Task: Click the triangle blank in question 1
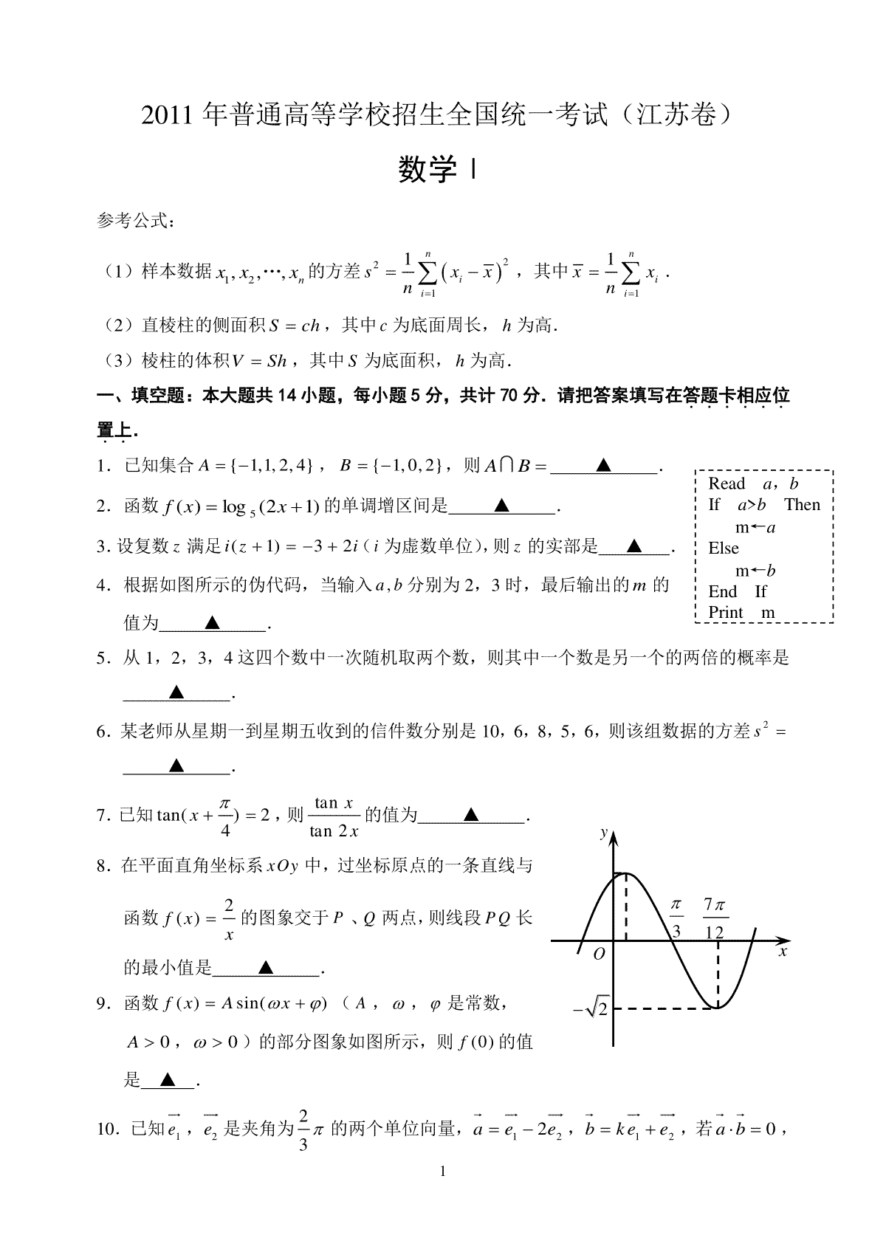[x=603, y=465]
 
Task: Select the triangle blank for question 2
[x=502, y=506]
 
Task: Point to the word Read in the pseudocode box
[x=727, y=484]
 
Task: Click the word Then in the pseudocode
[x=802, y=505]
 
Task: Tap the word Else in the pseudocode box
[x=724, y=548]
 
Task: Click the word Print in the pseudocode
[x=726, y=612]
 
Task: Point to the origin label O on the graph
[x=600, y=954]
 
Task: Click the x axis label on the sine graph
[x=783, y=952]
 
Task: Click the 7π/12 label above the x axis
[x=715, y=918]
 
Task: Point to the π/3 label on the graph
[x=675, y=918]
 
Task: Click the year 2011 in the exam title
[x=170, y=115]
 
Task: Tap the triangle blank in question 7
[x=471, y=815]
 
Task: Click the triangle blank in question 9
[x=168, y=1081]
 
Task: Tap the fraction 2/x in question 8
[x=229, y=918]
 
